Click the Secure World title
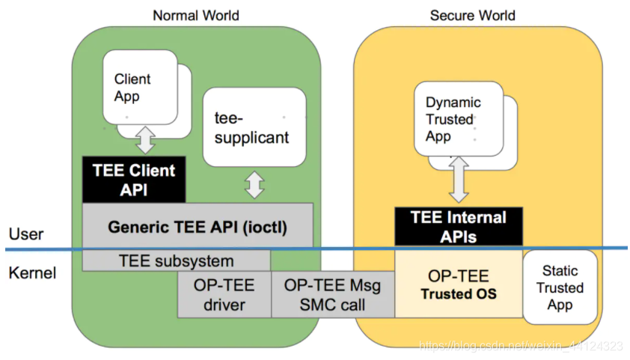coord(472,15)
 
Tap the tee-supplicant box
coord(254,128)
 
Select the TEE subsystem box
coord(176,261)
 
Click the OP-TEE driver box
coord(224,294)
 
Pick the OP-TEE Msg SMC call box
coord(332,294)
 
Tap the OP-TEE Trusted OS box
coord(458,284)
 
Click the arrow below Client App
coord(146,140)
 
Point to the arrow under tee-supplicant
coord(255,186)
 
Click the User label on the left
coord(26,234)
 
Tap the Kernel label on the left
coord(32,272)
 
